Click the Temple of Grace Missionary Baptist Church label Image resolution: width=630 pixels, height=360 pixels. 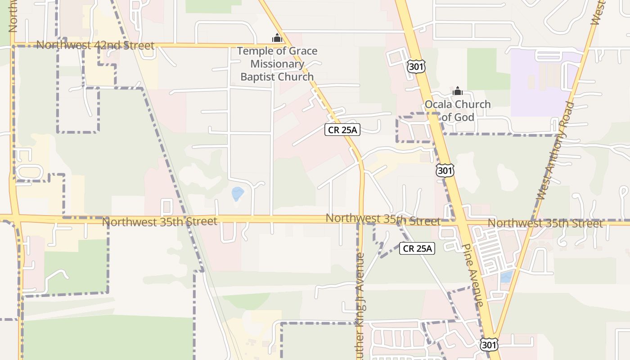coord(277,64)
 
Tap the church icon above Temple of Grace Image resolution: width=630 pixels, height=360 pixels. coord(277,38)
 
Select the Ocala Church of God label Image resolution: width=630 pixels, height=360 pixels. coord(458,111)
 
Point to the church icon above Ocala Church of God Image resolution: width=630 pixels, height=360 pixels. coord(458,91)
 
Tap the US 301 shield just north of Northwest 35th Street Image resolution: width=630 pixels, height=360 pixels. coord(445,170)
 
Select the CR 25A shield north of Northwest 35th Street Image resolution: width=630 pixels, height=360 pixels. coord(343,130)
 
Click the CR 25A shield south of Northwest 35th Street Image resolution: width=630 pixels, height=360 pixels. coord(417,248)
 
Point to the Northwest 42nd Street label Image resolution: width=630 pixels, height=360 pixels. coord(95,45)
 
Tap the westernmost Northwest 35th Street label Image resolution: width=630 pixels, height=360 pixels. coord(159,221)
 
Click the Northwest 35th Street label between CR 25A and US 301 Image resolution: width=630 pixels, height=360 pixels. coord(382,219)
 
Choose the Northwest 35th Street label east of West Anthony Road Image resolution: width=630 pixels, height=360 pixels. coord(545,223)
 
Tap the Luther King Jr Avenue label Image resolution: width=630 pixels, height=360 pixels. coord(360,306)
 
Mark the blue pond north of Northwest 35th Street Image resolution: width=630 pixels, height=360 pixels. coord(237,194)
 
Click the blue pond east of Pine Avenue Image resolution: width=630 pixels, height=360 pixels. coord(506,277)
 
